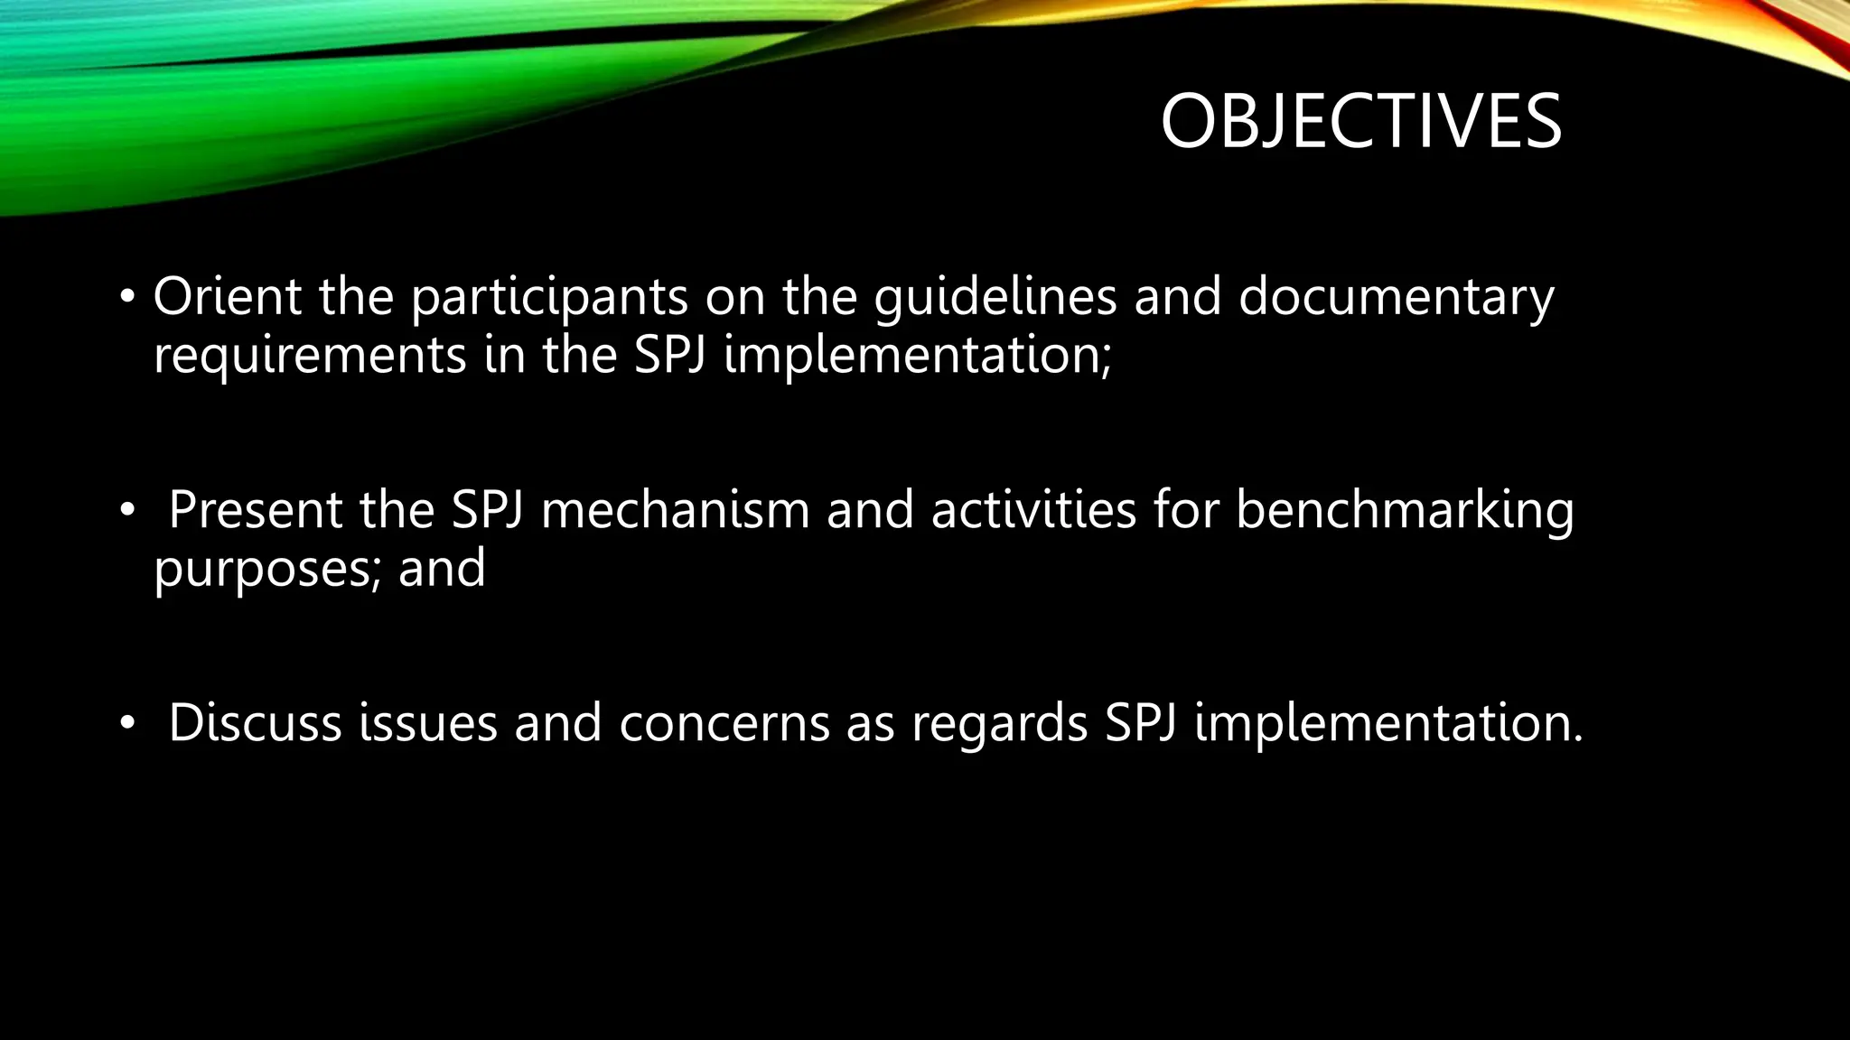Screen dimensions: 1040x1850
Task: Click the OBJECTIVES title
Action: click(1360, 122)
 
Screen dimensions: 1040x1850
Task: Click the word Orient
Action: click(227, 296)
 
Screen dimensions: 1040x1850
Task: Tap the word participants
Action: click(549, 298)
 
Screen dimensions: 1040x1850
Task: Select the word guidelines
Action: click(995, 298)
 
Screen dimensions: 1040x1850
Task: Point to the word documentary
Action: click(1396, 298)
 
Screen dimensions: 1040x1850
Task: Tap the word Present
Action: click(256, 510)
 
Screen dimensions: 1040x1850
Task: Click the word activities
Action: click(1032, 510)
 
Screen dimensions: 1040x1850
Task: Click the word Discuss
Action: click(255, 723)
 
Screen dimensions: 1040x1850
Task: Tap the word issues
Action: click(427, 723)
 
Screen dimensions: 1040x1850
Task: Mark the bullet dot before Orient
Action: click(127, 297)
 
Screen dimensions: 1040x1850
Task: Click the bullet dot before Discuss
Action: click(127, 723)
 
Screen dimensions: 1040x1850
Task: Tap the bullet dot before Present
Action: click(127, 511)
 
